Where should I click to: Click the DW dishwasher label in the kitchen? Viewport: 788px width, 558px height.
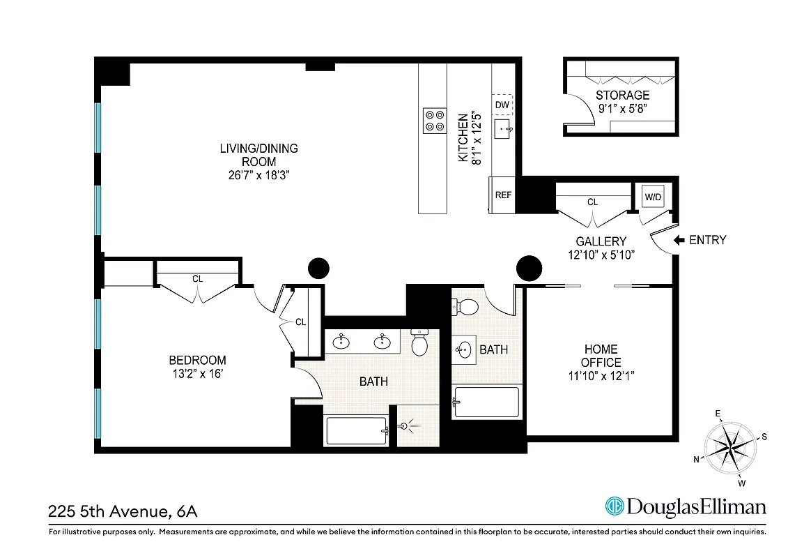point(502,105)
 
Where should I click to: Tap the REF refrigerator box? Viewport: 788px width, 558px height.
point(503,195)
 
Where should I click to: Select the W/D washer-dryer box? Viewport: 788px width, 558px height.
point(653,197)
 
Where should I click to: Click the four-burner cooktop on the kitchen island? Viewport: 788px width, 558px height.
point(435,120)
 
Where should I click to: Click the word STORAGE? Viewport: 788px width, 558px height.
point(622,95)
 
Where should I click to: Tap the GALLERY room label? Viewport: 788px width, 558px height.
point(601,241)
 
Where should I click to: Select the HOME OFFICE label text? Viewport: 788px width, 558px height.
point(601,356)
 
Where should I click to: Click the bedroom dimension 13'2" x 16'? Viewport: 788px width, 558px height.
point(197,374)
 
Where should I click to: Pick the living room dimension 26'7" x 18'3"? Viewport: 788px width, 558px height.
point(258,175)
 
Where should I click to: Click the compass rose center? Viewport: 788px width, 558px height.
point(732,446)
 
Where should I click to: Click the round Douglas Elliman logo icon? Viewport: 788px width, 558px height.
point(614,506)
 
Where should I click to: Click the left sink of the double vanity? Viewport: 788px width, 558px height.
point(341,341)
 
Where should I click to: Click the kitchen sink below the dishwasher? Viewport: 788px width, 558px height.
point(502,129)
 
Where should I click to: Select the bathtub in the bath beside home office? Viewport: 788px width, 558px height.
point(486,402)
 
